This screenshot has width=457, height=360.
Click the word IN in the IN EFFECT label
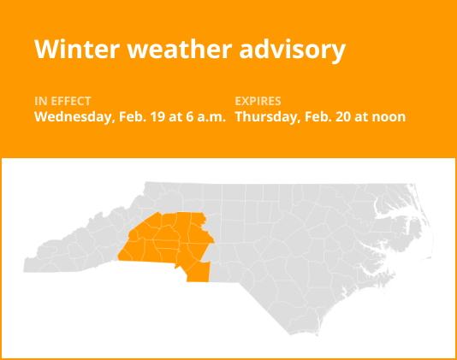click(40, 101)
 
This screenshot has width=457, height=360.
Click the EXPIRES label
click(258, 101)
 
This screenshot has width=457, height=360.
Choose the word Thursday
click(264, 116)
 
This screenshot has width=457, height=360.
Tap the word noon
click(388, 116)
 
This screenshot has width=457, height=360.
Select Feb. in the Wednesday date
click(125, 116)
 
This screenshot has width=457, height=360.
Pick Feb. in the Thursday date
click(313, 116)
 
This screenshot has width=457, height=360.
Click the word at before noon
click(360, 116)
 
